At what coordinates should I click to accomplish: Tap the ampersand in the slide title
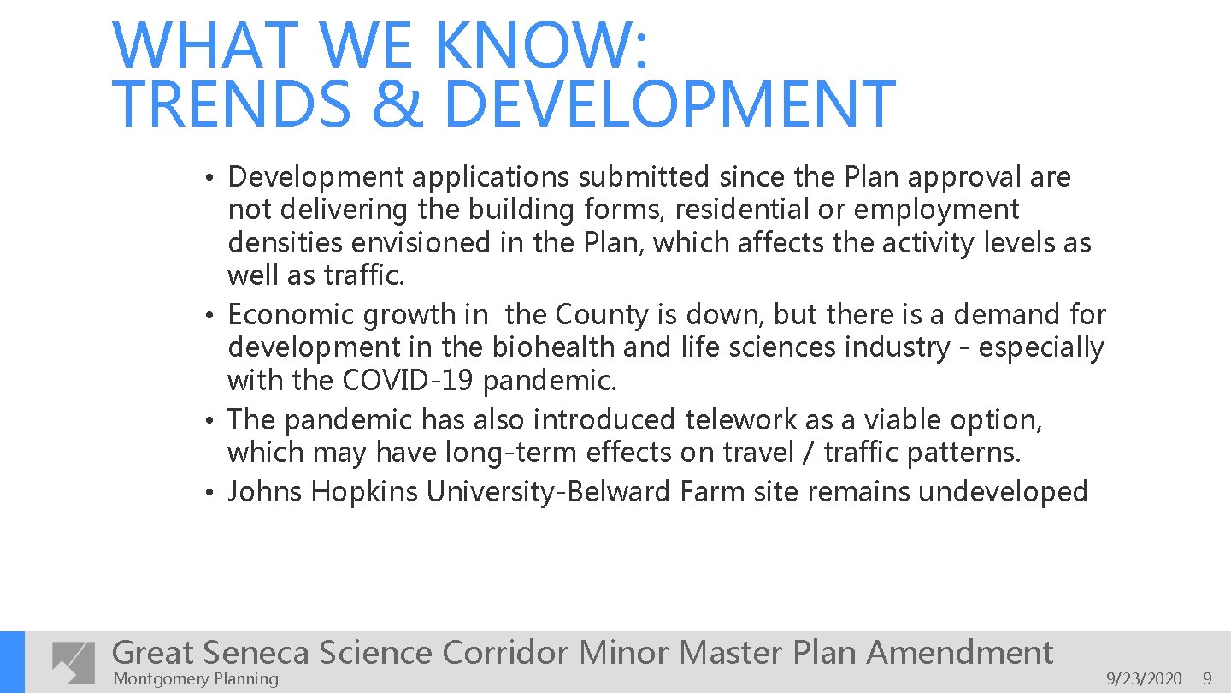(397, 104)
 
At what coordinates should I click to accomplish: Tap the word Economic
(292, 315)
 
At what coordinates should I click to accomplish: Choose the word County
(602, 315)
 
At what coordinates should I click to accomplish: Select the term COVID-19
(409, 381)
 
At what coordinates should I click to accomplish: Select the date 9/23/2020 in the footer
(1144, 679)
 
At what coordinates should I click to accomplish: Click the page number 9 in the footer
(1207, 679)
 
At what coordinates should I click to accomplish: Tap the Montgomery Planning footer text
(196, 679)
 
